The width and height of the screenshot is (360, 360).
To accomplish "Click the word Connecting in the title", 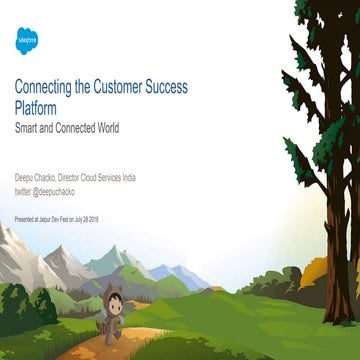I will tap(43, 87).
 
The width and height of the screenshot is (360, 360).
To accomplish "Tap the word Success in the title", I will tap(189, 87).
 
